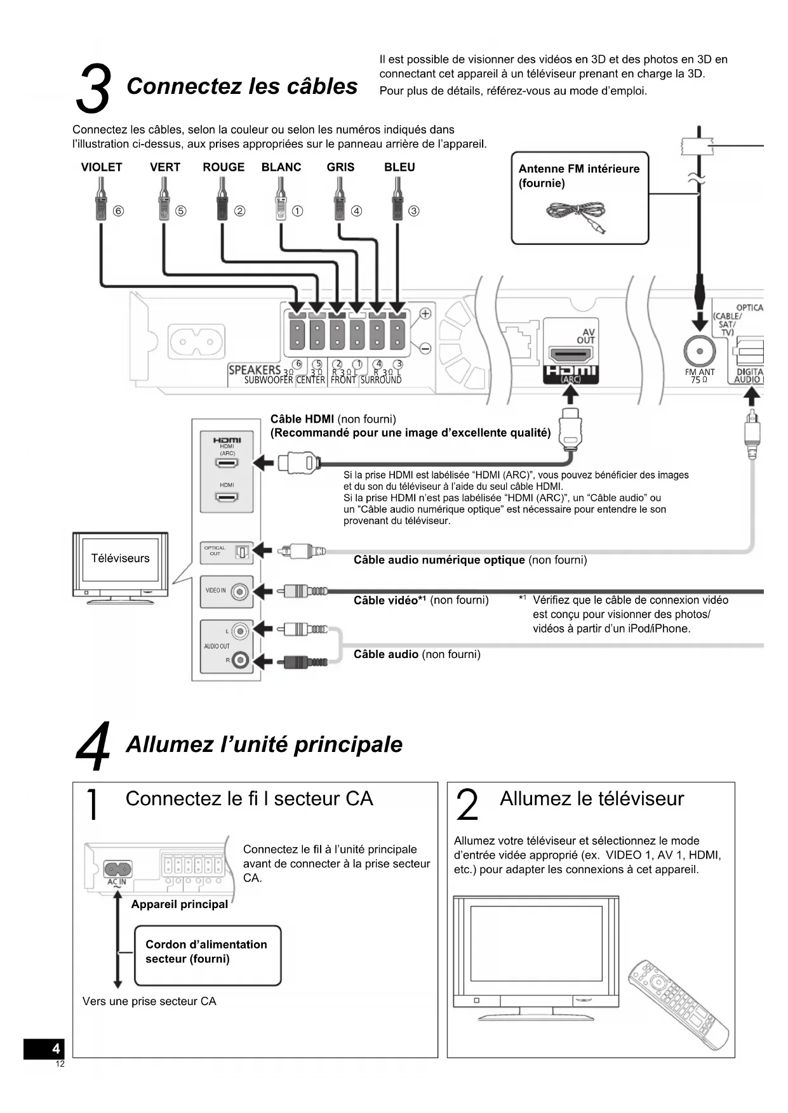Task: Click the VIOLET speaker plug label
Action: click(x=102, y=168)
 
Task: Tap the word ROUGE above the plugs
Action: click(x=224, y=168)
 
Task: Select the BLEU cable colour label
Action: click(x=399, y=168)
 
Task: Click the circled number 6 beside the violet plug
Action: click(x=118, y=211)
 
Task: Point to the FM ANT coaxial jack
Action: click(x=699, y=351)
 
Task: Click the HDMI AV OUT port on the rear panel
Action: click(x=571, y=355)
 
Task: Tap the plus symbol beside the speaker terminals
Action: click(x=425, y=313)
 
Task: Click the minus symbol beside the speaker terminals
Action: click(x=425, y=348)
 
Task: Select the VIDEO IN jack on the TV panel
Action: click(x=239, y=592)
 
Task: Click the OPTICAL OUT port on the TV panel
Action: click(x=242, y=552)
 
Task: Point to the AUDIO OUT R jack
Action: click(x=240, y=661)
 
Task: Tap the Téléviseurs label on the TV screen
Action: click(x=121, y=558)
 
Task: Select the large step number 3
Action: click(x=93, y=89)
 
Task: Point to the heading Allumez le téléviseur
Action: click(x=592, y=799)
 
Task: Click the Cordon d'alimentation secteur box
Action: click(x=208, y=955)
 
